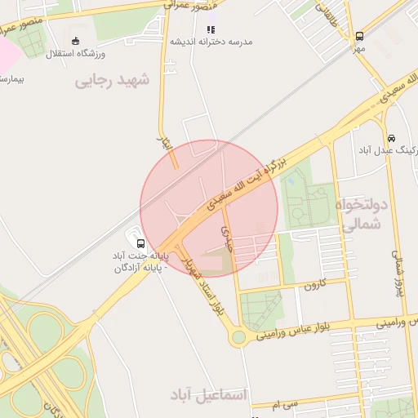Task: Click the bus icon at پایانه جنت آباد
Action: point(140,243)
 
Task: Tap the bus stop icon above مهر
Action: point(360,36)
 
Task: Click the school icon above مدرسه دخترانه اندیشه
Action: point(211,29)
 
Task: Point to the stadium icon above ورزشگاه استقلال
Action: point(76,41)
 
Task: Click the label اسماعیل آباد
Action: point(207,395)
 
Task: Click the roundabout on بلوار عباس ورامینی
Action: point(238,337)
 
